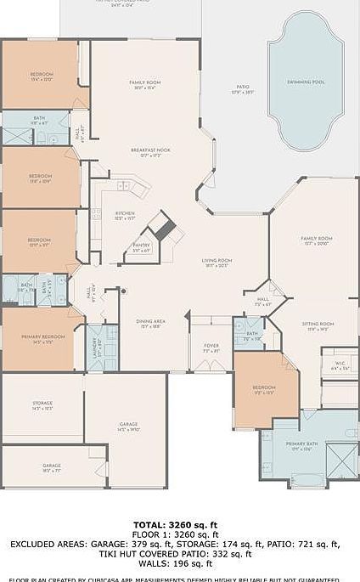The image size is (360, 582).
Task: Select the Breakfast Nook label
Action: [x=150, y=152]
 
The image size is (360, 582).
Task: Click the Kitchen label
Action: [x=125, y=215]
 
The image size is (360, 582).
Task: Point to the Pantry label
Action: [x=141, y=247]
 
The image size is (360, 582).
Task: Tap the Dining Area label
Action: [x=151, y=323]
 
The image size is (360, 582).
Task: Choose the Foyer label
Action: [x=211, y=348]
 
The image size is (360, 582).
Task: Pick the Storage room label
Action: [x=42, y=405]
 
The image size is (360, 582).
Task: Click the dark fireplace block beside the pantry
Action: [x=162, y=228]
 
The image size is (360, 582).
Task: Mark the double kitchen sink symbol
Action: [x=126, y=186]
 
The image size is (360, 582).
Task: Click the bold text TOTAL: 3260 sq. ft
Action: [x=179, y=525]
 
